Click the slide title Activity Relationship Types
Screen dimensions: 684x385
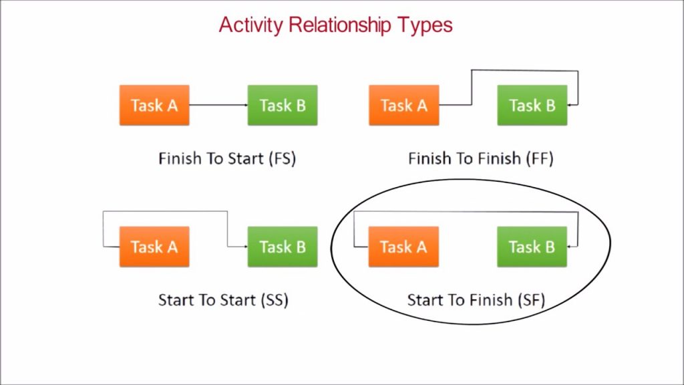[335, 25]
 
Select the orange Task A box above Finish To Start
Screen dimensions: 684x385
[154, 105]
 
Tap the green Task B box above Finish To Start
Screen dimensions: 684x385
[283, 105]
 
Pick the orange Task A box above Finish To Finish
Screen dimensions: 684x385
[404, 105]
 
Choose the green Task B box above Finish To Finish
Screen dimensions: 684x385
[532, 105]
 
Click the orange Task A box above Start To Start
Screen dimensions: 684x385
[154, 247]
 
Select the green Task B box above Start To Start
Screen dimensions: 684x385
[283, 247]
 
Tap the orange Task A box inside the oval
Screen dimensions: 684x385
[403, 247]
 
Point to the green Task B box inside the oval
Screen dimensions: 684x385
[532, 247]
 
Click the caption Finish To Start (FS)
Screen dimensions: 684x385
[227, 158]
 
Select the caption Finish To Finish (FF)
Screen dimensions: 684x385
[481, 158]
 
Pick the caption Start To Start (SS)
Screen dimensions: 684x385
[223, 300]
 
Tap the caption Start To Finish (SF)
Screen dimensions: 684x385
[476, 300]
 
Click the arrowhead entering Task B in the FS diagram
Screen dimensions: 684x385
[246, 105]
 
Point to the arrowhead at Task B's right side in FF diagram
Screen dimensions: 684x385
[570, 105]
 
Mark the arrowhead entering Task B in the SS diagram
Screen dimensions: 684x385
[246, 247]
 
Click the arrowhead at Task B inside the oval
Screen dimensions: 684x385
[569, 247]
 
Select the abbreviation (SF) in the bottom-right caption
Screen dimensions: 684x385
[532, 300]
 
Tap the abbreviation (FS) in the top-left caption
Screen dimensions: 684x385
[283, 158]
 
